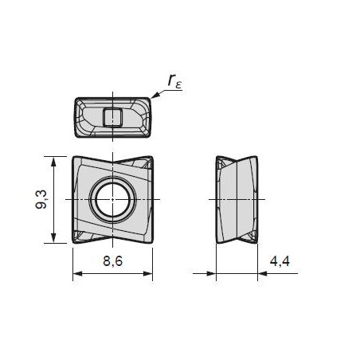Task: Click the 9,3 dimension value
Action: [41, 200]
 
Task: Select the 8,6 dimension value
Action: [113, 261]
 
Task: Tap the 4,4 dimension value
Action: [280, 261]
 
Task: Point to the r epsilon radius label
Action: [175, 80]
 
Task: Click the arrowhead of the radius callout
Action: [155, 96]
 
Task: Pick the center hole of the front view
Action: [113, 199]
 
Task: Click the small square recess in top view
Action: [112, 117]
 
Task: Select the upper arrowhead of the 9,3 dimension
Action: [53, 162]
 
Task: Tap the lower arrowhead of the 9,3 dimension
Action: [53, 238]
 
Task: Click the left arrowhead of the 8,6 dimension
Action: [78, 273]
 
